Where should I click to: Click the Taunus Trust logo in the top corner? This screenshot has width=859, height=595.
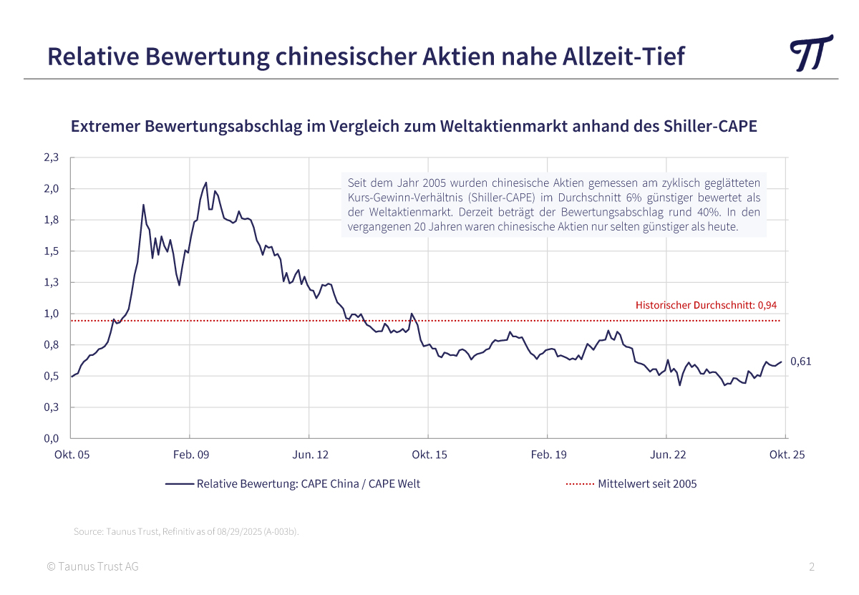point(811,52)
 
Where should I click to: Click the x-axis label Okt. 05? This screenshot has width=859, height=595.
point(72,455)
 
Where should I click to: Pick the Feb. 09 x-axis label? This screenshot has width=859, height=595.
point(190,455)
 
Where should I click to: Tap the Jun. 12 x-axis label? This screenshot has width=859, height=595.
point(309,455)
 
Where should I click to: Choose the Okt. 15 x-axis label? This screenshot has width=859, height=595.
point(429,455)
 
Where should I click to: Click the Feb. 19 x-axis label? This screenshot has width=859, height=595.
point(548,455)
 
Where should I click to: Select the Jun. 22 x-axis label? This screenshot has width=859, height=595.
point(666,455)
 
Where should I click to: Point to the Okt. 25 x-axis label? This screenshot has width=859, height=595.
point(786,455)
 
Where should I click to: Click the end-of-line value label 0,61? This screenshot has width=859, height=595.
point(800,362)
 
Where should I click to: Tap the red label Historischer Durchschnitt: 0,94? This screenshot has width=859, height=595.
point(706,305)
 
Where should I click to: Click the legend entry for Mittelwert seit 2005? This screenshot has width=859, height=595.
point(647,483)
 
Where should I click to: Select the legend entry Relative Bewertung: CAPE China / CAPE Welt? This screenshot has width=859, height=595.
point(308,483)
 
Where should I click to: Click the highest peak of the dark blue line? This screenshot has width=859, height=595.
point(206,183)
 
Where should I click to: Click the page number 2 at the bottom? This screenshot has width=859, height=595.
point(812,567)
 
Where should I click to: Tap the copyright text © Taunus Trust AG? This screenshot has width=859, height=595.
point(92,567)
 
